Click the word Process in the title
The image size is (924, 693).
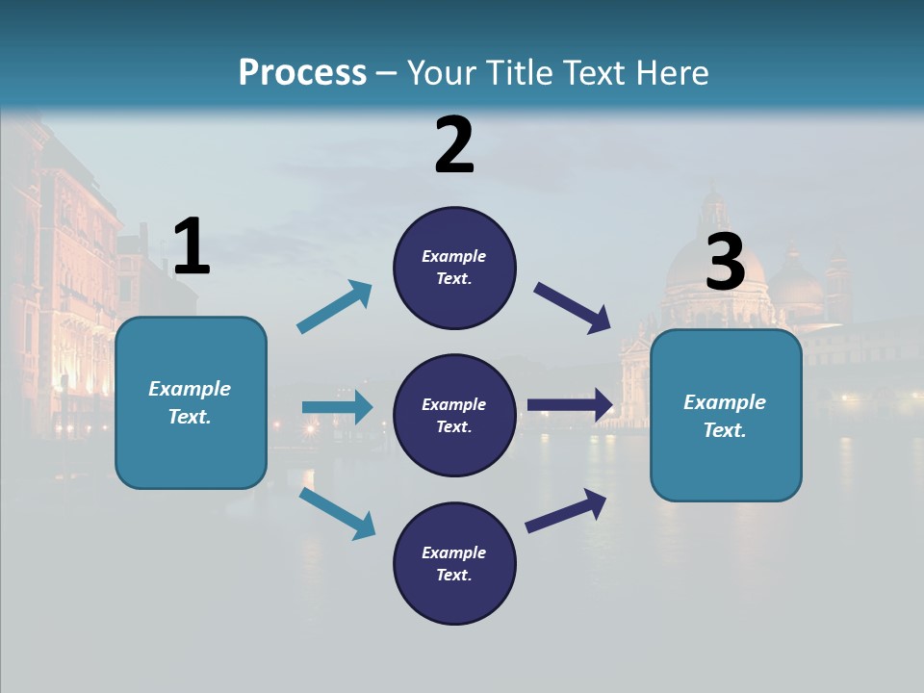click(x=302, y=73)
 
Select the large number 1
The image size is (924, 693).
click(x=192, y=247)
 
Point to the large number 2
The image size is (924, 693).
click(x=454, y=146)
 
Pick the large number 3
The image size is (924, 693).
click(x=726, y=263)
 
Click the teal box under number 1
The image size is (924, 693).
click(x=191, y=402)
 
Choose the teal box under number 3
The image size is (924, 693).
click(x=726, y=416)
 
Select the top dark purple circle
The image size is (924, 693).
click(x=454, y=268)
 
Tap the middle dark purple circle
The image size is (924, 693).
click(x=454, y=415)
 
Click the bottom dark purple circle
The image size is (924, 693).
click(x=454, y=563)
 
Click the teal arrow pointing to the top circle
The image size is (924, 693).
click(x=334, y=307)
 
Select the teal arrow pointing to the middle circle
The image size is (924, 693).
click(x=337, y=407)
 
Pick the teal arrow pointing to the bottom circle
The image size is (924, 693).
click(x=337, y=513)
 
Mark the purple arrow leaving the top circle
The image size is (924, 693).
click(x=574, y=308)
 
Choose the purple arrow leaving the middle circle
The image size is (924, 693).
click(x=570, y=405)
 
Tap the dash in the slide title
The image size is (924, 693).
click(x=386, y=74)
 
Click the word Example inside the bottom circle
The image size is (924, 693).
click(x=453, y=552)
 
